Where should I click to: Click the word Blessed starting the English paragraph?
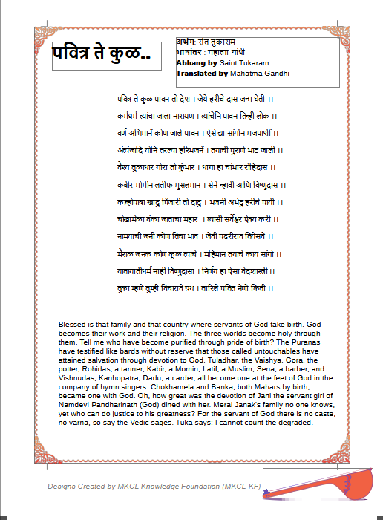[73, 325]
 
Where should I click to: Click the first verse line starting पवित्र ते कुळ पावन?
[195, 99]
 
